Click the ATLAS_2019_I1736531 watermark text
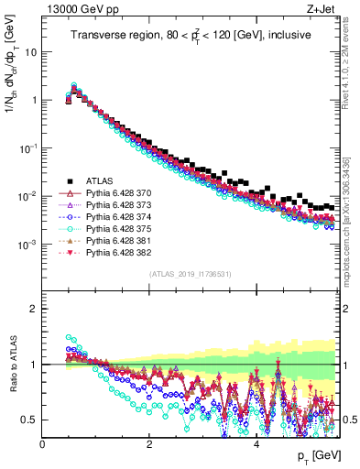pyautogui.click(x=191, y=275)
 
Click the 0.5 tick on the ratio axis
pyautogui.click(x=30, y=420)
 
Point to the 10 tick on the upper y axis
pyautogui.click(x=30, y=51)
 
